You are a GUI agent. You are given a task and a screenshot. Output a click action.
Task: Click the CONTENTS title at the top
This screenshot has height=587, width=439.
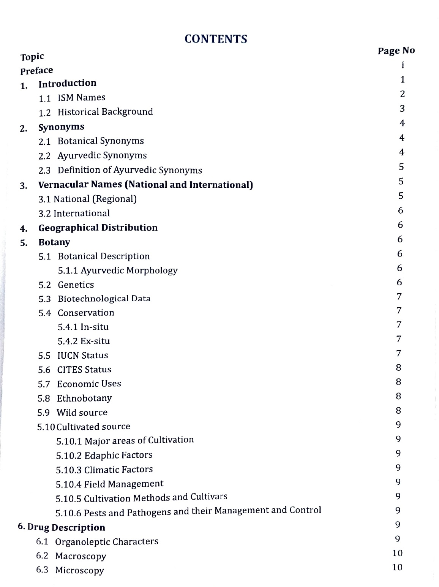(216, 39)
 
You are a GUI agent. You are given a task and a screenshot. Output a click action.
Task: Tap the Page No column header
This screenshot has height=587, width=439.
(396, 51)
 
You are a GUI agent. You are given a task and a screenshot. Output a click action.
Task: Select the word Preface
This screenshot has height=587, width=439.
(36, 71)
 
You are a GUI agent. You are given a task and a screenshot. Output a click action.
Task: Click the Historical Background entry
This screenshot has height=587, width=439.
(105, 112)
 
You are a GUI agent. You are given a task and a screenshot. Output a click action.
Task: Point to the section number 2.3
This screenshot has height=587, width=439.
(44, 171)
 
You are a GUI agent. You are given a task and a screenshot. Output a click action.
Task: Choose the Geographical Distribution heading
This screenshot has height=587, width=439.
(98, 228)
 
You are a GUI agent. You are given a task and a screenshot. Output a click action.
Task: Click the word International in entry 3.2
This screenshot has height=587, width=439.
(81, 214)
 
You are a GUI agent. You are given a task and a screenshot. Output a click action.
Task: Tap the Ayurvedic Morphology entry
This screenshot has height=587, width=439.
(129, 271)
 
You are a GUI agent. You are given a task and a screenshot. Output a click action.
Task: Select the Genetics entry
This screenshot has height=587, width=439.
(76, 285)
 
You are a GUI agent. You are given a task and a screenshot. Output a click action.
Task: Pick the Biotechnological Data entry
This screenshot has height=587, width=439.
(104, 299)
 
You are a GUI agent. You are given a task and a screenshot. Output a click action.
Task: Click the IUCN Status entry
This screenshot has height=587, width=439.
(82, 356)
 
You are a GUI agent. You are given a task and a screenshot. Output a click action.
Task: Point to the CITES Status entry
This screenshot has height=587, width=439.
(84, 370)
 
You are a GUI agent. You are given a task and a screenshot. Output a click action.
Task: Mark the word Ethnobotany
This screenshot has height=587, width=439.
(84, 399)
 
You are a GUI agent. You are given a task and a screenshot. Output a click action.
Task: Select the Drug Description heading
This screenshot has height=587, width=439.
(66, 528)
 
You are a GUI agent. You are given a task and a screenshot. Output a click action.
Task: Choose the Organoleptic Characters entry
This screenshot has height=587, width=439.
(106, 542)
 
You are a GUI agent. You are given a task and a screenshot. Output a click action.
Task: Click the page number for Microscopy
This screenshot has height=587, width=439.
(397, 567)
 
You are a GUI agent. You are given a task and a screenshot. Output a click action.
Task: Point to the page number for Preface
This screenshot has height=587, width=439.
(402, 65)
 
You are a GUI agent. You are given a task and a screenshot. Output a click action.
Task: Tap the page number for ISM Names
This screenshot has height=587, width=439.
(402, 94)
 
